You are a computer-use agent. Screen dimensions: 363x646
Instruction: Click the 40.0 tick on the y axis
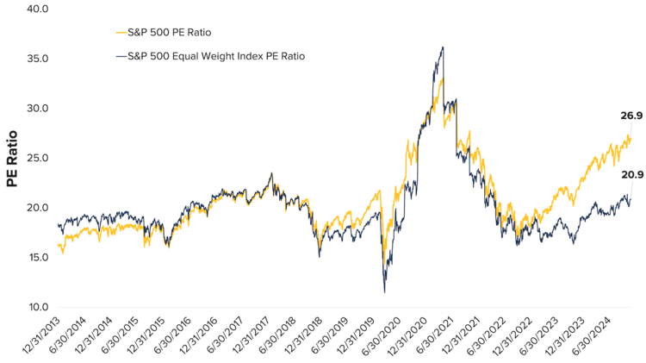coord(39,9)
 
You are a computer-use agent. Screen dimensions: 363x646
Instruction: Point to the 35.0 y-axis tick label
coord(39,59)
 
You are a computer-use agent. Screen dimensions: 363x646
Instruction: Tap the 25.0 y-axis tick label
coord(39,159)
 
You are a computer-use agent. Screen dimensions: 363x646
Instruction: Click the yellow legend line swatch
coord(120,32)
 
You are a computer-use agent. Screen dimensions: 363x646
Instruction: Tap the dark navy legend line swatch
coord(120,56)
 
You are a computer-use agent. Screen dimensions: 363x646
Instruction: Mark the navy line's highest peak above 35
coord(443,47)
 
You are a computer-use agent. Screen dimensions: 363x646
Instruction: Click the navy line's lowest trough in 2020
coord(385,291)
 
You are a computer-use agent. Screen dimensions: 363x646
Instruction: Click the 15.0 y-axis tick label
coord(39,258)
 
